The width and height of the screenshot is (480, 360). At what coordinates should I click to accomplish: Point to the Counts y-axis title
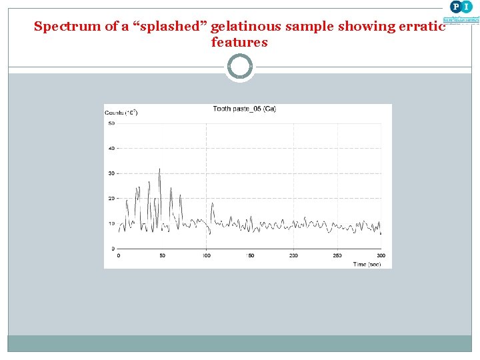pos(121,113)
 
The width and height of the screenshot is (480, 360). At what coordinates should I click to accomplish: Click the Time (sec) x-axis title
pos(367,264)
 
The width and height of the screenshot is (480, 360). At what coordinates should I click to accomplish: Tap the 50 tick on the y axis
pos(111,123)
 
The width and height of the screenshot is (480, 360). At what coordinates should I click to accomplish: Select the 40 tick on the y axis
pos(111,148)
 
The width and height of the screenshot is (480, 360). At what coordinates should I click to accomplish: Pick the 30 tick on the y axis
pos(111,173)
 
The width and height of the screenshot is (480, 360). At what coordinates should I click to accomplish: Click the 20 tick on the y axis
pos(111,199)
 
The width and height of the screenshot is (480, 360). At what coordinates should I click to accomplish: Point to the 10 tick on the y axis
pos(111,223)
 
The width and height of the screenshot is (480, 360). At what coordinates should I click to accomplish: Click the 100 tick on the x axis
pos(206,255)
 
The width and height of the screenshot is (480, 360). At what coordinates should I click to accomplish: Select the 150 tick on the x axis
pos(250,255)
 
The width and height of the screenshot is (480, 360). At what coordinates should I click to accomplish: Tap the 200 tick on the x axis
pos(293,255)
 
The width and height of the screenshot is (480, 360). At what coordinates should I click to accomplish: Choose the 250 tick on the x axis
pos(337,255)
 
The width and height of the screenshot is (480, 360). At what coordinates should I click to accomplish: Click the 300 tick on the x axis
pos(381,255)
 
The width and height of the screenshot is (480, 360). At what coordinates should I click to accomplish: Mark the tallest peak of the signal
pos(159,169)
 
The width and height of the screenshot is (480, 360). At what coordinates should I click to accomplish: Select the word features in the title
pos(239,43)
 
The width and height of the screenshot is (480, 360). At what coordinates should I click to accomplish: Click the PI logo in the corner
pos(460,7)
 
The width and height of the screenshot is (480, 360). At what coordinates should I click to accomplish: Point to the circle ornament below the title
pos(240,67)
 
